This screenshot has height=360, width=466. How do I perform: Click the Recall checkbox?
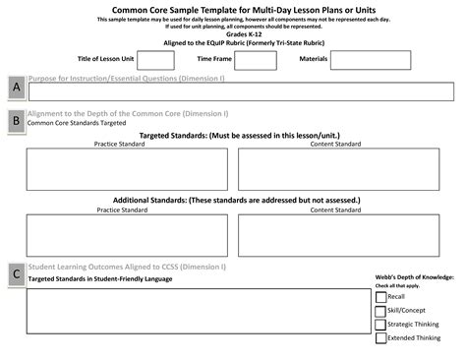380,296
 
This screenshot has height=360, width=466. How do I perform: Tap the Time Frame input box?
256,60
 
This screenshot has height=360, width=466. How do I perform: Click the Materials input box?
370,60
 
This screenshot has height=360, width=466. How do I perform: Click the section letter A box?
16,90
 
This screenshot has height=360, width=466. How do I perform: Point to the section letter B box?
16,122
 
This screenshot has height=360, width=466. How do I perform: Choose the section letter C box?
16,275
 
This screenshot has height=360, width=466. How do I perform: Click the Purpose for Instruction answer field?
241,92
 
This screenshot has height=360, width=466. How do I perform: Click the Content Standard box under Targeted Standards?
344,169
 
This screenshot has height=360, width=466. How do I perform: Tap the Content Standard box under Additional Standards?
344,234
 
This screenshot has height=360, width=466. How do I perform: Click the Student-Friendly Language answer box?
198,310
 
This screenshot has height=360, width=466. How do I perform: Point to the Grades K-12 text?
232,33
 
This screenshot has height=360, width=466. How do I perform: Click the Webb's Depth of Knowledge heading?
413,277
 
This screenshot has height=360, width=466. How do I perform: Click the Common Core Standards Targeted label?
77,124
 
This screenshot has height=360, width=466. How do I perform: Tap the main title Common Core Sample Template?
232,9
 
